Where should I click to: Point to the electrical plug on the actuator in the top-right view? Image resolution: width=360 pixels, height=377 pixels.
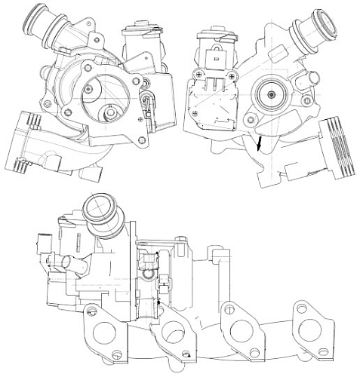pos(215,56)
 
